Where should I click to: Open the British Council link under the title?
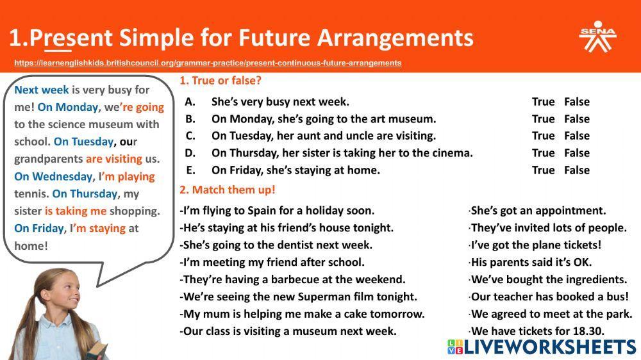pos(208,63)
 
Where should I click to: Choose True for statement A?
pos(543,102)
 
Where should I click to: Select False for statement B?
pos(576,119)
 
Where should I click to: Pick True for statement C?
pos(543,136)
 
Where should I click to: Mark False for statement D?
pos(576,153)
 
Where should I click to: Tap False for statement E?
pos(576,170)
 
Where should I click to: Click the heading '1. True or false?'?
pos(221,81)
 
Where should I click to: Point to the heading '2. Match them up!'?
pos(227,190)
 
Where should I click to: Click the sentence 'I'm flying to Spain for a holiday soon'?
pos(278,211)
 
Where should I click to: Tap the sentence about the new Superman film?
pos(299,297)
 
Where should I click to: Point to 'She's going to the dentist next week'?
pos(276,245)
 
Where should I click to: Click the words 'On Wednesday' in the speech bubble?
pos(53,177)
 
